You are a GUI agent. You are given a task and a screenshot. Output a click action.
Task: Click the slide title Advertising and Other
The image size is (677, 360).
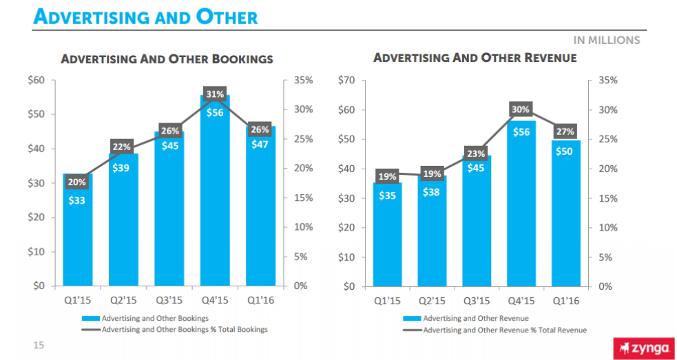[x=145, y=17]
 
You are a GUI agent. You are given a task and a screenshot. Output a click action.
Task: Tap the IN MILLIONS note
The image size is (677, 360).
[x=605, y=40]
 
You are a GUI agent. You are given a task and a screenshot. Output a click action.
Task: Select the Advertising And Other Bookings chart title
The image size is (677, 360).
[x=167, y=59]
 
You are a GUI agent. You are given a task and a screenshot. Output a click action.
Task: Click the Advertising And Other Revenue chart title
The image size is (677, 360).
[x=475, y=58]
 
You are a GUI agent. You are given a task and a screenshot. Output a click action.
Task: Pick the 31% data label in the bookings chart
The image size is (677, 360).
[x=215, y=94]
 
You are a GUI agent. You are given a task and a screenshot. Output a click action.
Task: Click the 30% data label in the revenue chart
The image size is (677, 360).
[x=521, y=109]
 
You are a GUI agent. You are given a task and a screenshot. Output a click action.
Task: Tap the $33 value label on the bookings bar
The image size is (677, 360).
[x=77, y=201]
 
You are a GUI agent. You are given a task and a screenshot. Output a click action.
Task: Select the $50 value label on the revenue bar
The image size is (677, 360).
[x=563, y=151]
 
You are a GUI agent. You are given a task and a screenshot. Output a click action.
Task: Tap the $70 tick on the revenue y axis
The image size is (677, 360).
[x=348, y=81]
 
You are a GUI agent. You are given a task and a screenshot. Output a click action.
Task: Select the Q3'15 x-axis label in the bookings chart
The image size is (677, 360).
[x=169, y=301]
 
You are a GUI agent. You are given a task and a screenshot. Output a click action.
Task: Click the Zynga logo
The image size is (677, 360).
[x=643, y=348]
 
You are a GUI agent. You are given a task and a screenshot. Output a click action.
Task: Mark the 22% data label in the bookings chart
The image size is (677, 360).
[x=122, y=146]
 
